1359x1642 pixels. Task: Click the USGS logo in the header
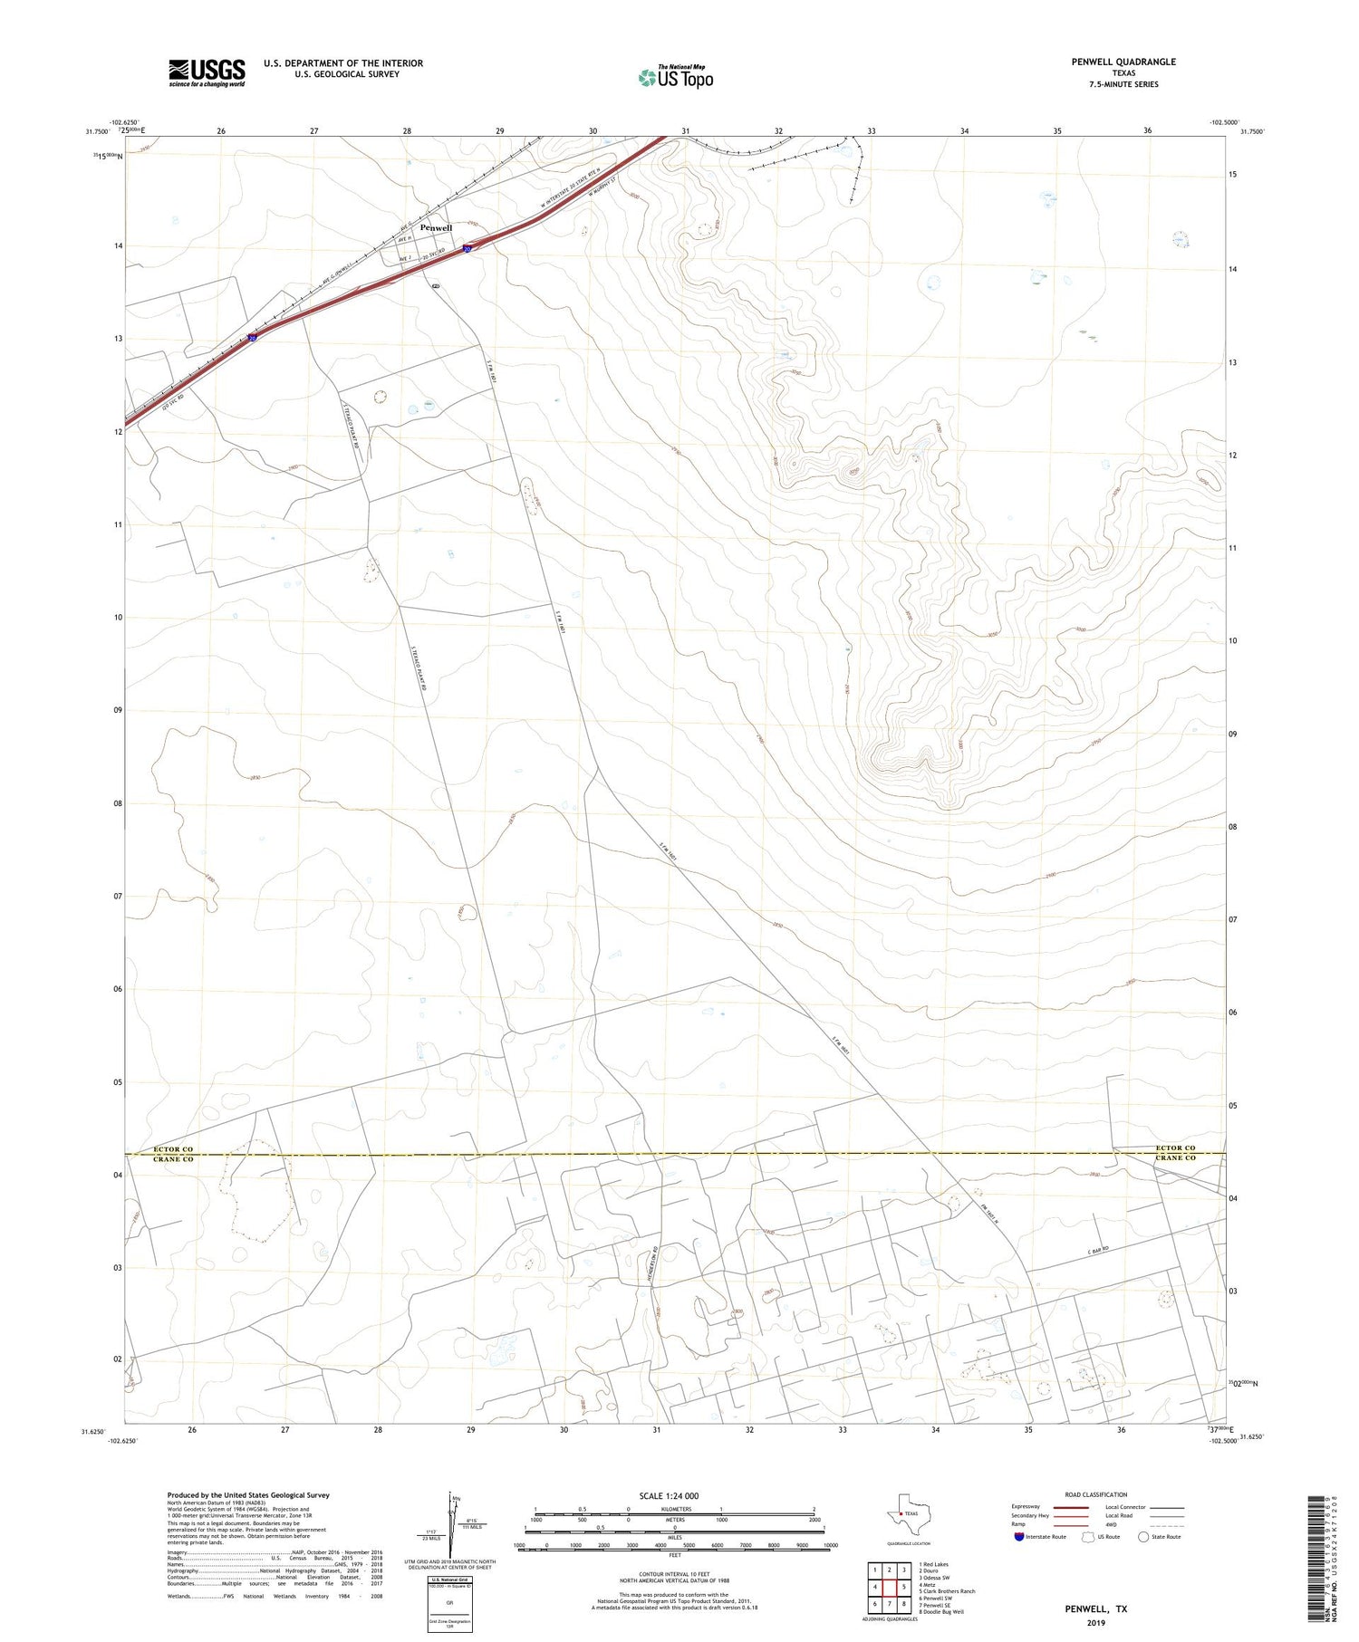(207, 72)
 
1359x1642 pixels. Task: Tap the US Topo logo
(675, 78)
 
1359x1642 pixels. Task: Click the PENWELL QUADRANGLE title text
(1123, 62)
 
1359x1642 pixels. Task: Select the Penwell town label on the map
(436, 227)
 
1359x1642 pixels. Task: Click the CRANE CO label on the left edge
(173, 1159)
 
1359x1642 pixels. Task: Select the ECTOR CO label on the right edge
(1175, 1148)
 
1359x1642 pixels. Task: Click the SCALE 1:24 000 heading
(674, 1495)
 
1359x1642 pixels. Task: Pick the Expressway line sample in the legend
(1069, 1507)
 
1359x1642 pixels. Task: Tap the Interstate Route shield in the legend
(1019, 1536)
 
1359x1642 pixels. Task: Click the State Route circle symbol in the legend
(1143, 1536)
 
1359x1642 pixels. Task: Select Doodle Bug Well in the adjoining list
(941, 1611)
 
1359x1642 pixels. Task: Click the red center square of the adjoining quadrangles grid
(889, 1587)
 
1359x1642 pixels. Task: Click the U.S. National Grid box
(449, 1604)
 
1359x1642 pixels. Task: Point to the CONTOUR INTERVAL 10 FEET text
(674, 1574)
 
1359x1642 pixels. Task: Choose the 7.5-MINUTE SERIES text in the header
(1123, 84)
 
